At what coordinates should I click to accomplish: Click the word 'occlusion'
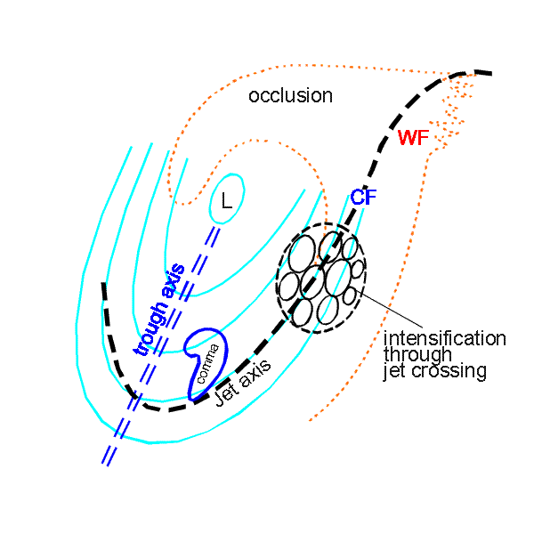(x=290, y=96)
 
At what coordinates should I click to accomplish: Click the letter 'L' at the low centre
(x=227, y=203)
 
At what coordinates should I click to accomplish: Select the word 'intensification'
(x=444, y=338)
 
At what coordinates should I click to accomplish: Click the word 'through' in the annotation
(x=413, y=355)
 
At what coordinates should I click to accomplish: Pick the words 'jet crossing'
(x=435, y=372)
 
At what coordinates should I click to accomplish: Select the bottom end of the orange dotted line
(x=310, y=419)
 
